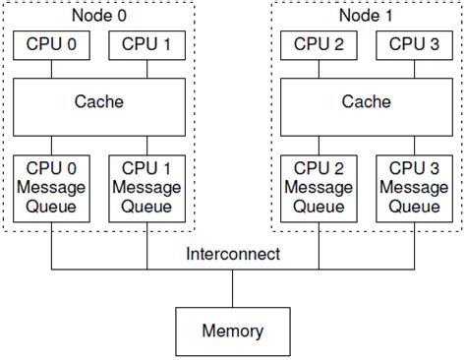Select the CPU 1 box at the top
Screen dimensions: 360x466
[146, 43]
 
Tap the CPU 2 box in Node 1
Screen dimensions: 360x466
[319, 43]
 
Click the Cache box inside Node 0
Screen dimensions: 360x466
[99, 102]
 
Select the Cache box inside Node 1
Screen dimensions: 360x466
[366, 102]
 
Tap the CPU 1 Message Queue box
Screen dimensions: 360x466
[146, 188]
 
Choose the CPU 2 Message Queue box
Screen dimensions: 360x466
[319, 188]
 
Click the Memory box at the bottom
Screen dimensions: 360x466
[232, 330]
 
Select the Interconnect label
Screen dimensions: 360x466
[232, 255]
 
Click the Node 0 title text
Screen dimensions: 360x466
[99, 15]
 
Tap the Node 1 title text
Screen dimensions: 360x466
[366, 15]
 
